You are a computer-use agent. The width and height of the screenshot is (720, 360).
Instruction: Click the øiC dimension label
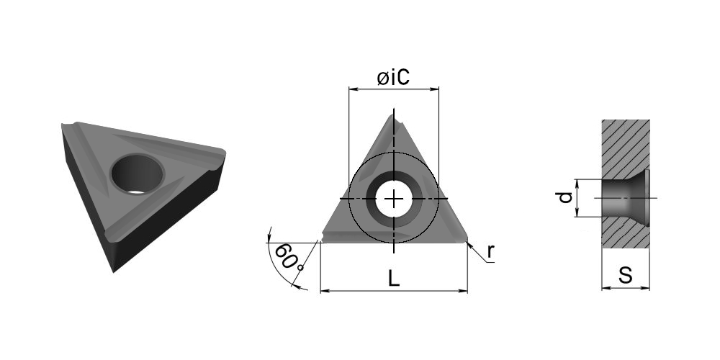[x=393, y=78]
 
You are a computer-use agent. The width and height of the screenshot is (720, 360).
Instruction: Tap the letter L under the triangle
[x=394, y=278]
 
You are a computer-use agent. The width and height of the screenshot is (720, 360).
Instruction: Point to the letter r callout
[x=491, y=251]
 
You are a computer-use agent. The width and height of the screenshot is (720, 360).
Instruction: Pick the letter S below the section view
[x=626, y=274]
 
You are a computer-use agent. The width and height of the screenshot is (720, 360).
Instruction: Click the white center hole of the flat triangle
[x=394, y=199]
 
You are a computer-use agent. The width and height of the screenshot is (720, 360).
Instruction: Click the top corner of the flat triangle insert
[x=394, y=116]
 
